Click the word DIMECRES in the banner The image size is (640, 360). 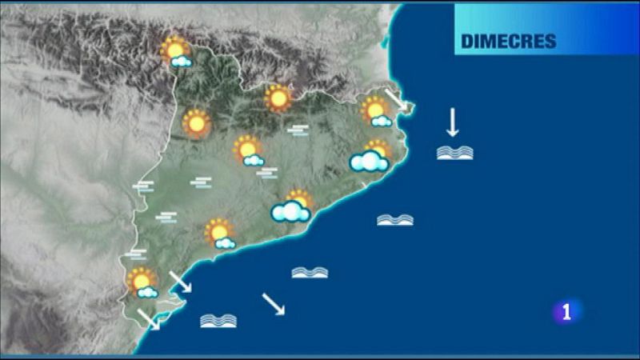click(509, 42)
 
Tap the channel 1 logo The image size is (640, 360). click(567, 311)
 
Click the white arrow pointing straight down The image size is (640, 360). click(452, 122)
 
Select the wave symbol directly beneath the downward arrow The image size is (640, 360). click(454, 152)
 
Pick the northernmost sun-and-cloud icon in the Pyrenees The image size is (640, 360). click(176, 53)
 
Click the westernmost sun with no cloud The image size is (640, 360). click(195, 123)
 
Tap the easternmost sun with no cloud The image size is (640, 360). click(278, 98)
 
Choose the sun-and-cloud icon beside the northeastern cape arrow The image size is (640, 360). click(375, 111)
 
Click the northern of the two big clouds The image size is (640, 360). click(370, 160)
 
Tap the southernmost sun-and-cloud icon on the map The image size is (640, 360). click(143, 282)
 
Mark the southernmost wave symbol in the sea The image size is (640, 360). click(218, 321)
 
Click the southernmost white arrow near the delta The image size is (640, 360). click(148, 319)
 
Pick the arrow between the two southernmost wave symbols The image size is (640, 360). click(274, 304)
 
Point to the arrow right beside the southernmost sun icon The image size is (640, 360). click(180, 281)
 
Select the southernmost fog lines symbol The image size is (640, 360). click(137, 254)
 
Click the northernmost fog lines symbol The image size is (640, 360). click(298, 130)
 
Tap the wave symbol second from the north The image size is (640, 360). click(395, 220)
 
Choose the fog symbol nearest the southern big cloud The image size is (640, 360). click(267, 172)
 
